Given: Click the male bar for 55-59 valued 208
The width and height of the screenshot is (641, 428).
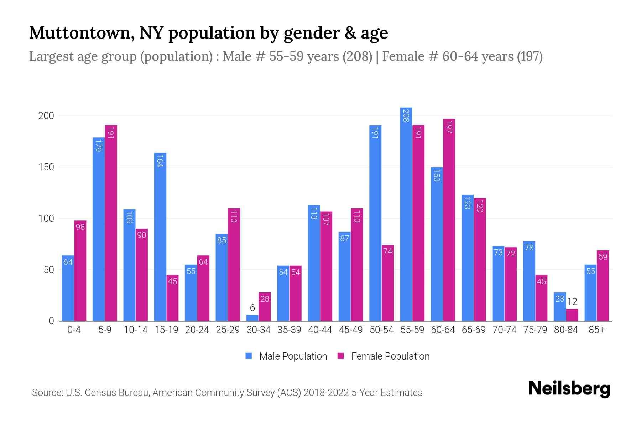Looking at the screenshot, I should [406, 214].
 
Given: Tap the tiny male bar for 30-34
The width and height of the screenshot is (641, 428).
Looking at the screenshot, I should [252, 318].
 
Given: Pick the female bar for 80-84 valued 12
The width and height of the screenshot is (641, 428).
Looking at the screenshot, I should [572, 315].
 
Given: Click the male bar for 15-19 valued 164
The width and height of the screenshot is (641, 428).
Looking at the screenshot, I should [160, 237].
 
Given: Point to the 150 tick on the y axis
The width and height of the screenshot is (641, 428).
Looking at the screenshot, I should [46, 167].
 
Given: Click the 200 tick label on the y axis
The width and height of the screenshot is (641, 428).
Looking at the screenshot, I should [46, 116].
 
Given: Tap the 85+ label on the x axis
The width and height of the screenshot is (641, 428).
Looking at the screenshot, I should [596, 330].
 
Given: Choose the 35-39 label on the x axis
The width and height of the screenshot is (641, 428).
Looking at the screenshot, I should [289, 330].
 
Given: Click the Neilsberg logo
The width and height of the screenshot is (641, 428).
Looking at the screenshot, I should [569, 389].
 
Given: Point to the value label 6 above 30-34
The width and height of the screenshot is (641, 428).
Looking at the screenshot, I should [252, 307].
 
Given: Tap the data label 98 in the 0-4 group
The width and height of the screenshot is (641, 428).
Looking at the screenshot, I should [80, 226].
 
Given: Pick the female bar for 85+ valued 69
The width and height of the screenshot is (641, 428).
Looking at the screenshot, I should [603, 285].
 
